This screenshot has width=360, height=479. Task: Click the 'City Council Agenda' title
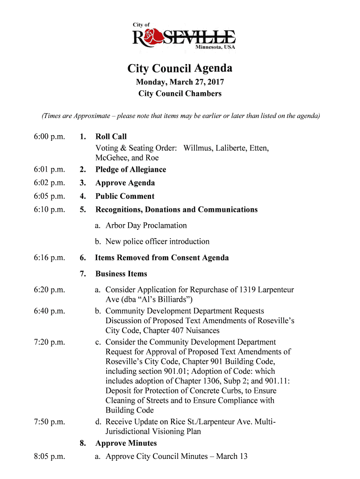coord(180,69)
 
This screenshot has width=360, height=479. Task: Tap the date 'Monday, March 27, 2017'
coord(180,82)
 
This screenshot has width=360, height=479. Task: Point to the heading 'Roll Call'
coord(111,137)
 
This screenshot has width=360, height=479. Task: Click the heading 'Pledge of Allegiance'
coord(130,169)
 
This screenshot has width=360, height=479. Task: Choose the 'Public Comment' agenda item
coord(125,196)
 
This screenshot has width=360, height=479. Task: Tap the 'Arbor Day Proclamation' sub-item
coord(146,225)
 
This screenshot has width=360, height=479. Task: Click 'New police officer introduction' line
coord(157,241)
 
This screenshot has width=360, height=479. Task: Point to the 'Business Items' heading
coord(121,274)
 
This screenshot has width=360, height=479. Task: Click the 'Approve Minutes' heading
coord(126,443)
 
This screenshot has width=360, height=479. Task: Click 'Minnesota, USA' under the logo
coord(215,47)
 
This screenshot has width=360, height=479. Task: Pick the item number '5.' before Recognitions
coord(83,210)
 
